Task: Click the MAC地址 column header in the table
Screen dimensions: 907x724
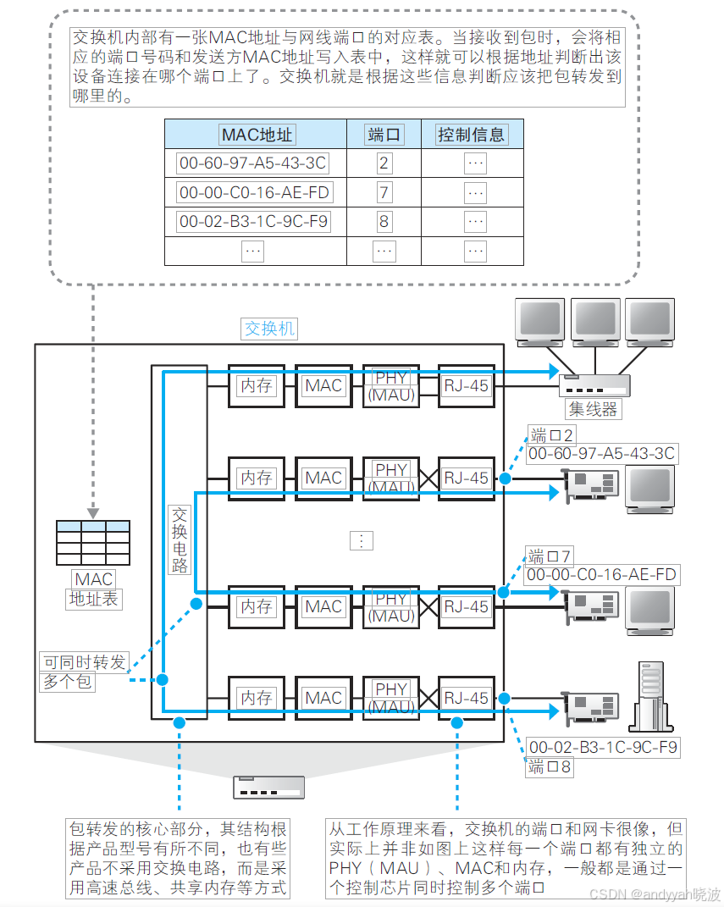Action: tap(257, 134)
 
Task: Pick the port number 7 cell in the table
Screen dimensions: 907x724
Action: tap(384, 192)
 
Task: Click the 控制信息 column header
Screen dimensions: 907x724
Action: tap(471, 134)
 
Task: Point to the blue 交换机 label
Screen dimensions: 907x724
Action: tap(270, 329)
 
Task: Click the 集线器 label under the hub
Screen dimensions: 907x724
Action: tap(593, 409)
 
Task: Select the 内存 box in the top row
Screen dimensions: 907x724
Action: tap(256, 385)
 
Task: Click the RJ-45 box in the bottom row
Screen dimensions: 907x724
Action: tap(467, 698)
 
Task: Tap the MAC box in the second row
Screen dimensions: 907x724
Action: tap(323, 478)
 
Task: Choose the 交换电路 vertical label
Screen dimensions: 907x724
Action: tap(180, 540)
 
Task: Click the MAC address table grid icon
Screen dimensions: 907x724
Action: tap(93, 542)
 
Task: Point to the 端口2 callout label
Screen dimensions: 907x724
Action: tap(552, 436)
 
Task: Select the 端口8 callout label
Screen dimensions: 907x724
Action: tap(550, 767)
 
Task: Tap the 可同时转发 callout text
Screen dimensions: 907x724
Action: tap(85, 661)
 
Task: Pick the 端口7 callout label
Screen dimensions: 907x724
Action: tap(550, 556)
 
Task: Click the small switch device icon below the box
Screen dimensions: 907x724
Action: tap(268, 787)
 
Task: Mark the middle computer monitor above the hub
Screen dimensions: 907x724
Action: tap(596, 321)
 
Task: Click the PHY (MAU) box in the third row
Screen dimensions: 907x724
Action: tap(391, 606)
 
